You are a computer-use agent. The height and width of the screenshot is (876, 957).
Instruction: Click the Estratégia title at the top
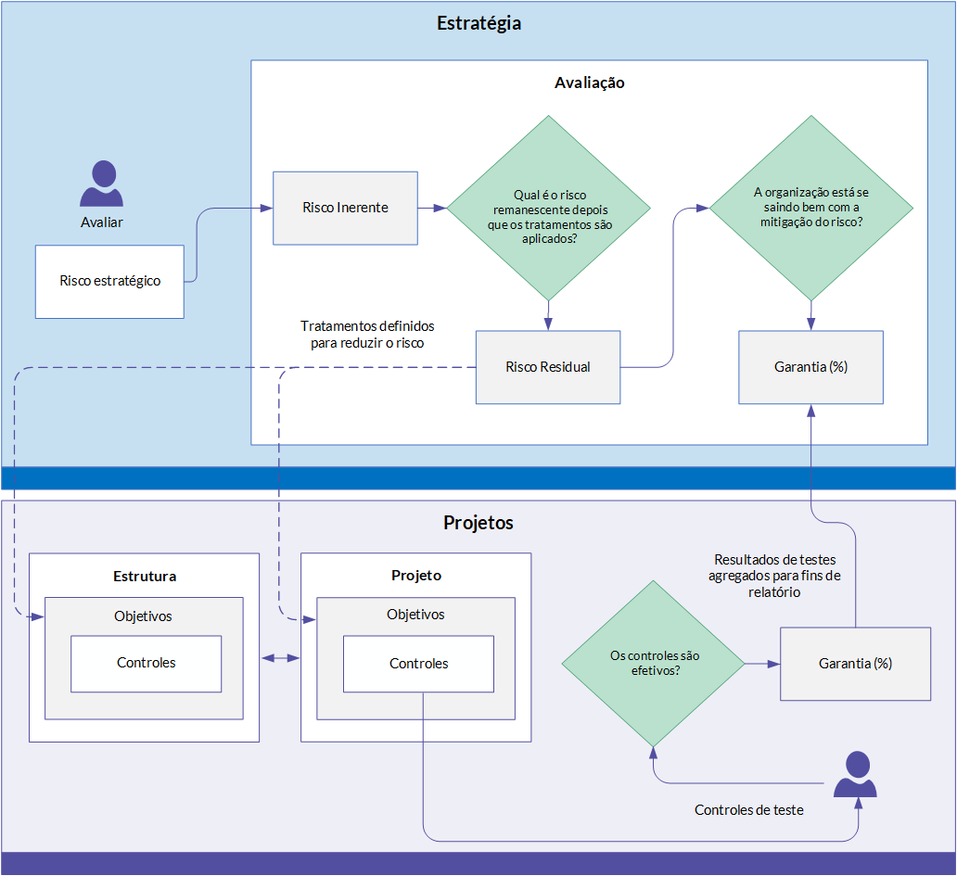pos(478,23)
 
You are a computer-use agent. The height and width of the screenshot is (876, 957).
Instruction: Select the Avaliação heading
pos(589,83)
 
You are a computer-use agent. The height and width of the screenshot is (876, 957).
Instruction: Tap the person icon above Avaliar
pos(102,183)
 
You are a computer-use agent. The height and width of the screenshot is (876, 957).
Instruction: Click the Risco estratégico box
pos(109,282)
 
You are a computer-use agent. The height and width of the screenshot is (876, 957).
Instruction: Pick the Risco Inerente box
pos(346,208)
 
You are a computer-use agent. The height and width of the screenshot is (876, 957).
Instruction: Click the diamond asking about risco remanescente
pos(549,208)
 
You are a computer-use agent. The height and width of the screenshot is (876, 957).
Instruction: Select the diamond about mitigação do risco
pos(811,208)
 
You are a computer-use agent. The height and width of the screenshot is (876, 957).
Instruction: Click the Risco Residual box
pos(548,367)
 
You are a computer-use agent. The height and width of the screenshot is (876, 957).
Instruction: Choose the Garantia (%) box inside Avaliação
pos(811,367)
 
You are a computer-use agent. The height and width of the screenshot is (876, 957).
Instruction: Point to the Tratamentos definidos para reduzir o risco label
pos(367,335)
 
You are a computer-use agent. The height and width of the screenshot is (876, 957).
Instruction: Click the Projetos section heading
pos(478,523)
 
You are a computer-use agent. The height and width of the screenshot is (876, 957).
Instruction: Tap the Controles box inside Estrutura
pos(147,664)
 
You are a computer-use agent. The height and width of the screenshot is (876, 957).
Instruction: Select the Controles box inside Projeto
pos(419,664)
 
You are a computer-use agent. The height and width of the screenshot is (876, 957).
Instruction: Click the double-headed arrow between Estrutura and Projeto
pos(280,657)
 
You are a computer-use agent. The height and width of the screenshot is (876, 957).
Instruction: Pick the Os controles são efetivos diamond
pos(654,664)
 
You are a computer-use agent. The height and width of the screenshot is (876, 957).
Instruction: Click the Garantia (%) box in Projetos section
pos(856,664)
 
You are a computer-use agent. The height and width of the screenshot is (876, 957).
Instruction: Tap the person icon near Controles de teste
pos(856,774)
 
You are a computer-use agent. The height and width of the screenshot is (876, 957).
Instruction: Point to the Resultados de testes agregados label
pos(774,576)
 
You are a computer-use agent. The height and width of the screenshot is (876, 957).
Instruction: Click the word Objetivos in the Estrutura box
pos(143,616)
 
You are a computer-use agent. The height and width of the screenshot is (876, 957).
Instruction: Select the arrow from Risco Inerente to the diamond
pos(432,208)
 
